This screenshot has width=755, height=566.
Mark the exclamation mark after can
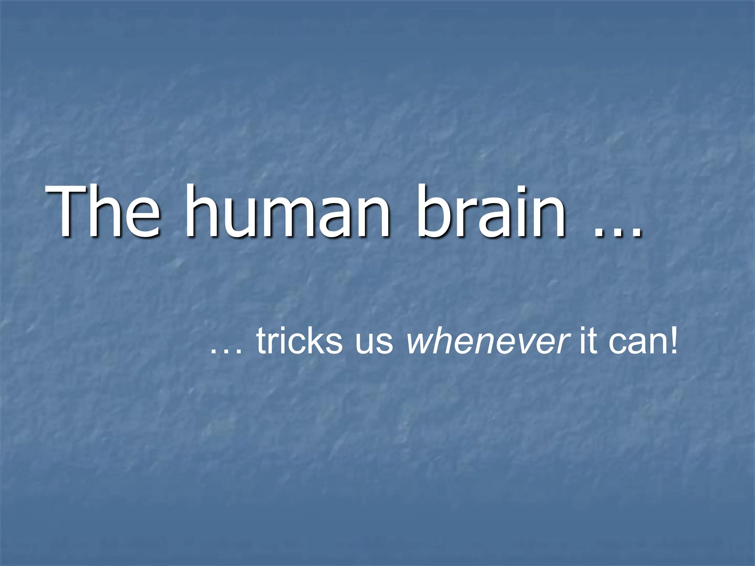coord(673,341)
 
